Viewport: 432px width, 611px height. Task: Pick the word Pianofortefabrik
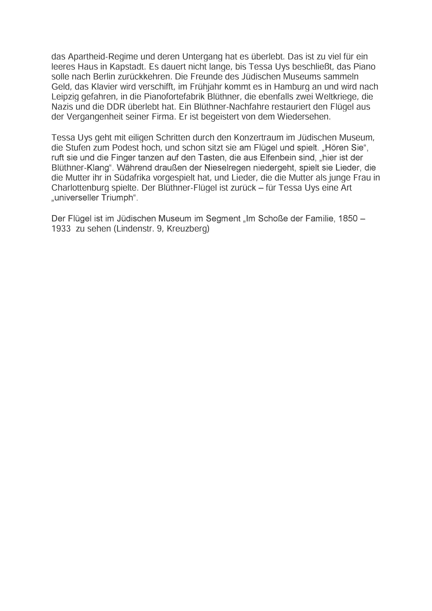click(x=163, y=97)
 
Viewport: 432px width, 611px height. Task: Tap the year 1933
click(x=61, y=229)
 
